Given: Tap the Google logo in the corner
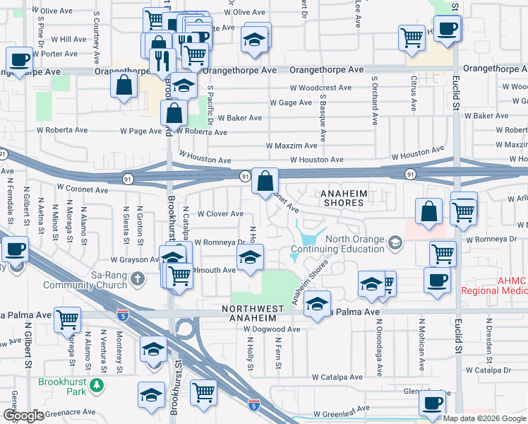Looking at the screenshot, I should [x=23, y=416].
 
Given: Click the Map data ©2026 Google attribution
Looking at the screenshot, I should [x=484, y=418].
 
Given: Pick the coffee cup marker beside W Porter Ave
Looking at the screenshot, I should [x=20, y=59].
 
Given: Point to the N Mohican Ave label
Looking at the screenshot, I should [x=421, y=351].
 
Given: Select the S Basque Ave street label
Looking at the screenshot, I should [x=322, y=117].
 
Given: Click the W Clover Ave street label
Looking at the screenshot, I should [x=220, y=213].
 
